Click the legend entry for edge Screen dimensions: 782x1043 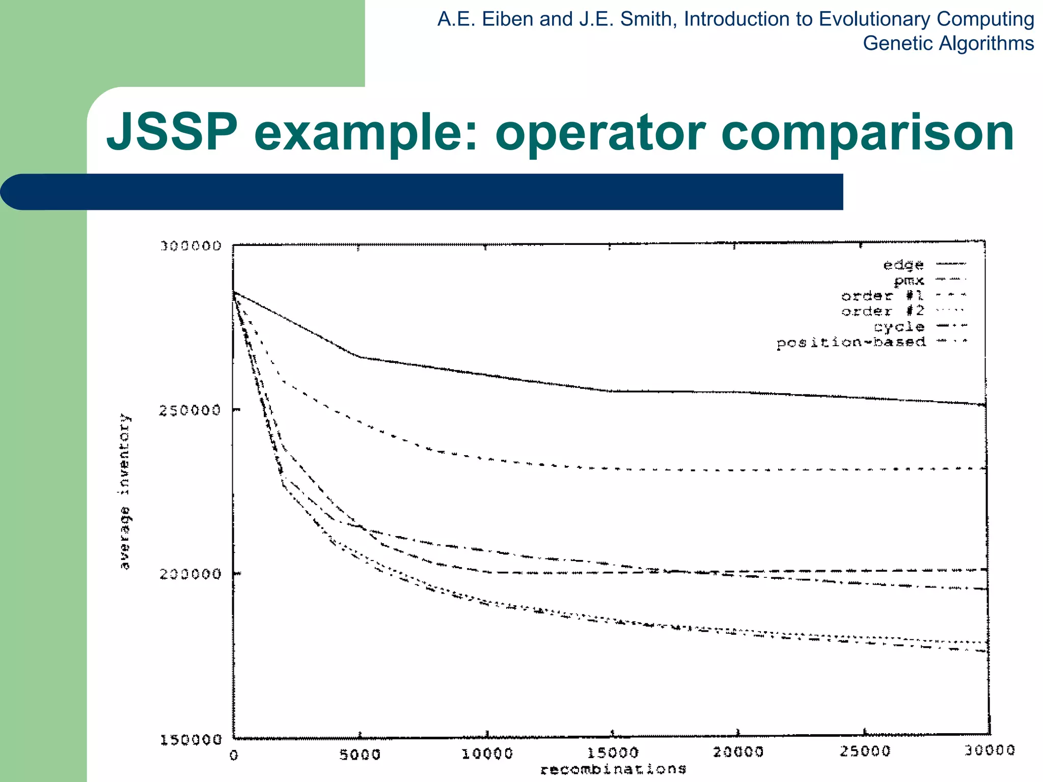(903, 265)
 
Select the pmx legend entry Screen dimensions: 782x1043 (909, 281)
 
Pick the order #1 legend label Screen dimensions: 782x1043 (883, 296)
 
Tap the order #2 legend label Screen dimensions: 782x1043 (883, 311)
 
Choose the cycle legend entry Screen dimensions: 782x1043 (899, 327)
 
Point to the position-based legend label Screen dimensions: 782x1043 (851, 343)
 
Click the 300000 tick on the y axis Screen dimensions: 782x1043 (191, 246)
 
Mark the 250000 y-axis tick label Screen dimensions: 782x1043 (191, 410)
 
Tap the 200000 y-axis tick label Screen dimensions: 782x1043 (191, 574)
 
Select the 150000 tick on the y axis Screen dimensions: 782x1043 (191, 740)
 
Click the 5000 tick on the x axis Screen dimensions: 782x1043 (360, 754)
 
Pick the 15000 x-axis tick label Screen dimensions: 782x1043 (613, 753)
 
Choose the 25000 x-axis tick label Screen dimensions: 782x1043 (864, 751)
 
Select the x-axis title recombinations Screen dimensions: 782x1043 (613, 769)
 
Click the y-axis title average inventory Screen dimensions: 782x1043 (125, 491)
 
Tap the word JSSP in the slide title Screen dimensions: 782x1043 (172, 133)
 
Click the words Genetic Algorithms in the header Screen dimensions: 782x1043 (948, 43)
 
